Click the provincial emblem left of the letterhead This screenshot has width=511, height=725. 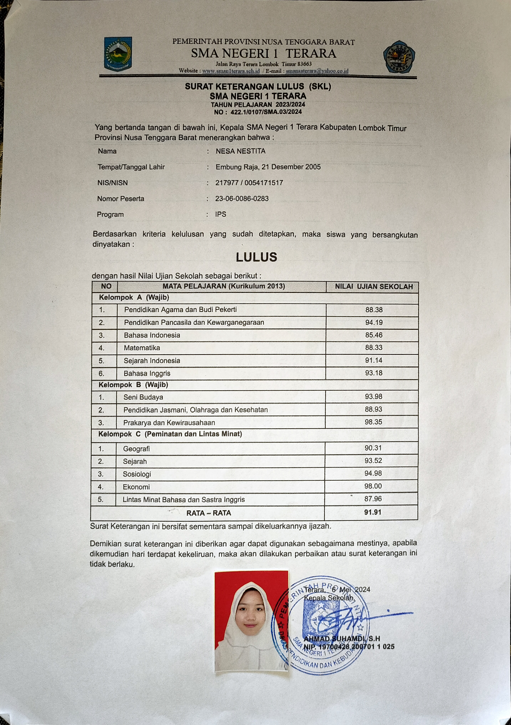118,54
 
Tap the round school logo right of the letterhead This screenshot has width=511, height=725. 399,57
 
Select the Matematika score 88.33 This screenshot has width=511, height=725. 374,347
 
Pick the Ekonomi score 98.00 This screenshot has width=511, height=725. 373,486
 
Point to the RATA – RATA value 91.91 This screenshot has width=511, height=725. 373,512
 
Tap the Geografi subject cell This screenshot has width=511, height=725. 136,448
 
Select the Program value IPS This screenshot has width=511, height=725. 221,214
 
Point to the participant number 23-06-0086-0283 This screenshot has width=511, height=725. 242,199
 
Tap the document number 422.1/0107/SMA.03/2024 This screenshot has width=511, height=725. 266,112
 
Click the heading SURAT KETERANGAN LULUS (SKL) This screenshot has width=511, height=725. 258,87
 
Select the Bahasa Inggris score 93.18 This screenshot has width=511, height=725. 374,373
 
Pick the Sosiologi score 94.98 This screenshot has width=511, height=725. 373,473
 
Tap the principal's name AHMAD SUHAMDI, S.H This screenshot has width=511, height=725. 342,638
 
